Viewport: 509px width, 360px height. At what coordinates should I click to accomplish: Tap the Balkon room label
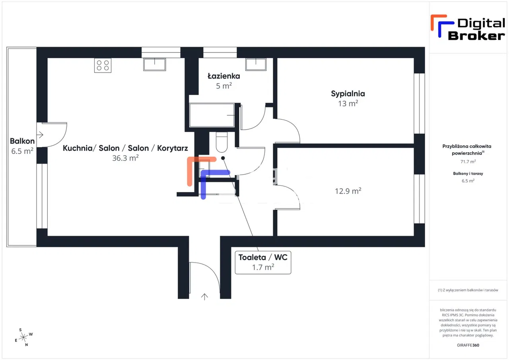click(22, 141)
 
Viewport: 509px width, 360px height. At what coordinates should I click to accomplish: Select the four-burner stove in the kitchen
click(103, 65)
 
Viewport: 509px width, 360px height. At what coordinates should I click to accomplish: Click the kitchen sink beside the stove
click(155, 64)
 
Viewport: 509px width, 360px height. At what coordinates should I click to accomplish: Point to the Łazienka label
click(224, 76)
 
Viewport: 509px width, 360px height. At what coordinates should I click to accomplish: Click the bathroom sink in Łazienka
click(255, 64)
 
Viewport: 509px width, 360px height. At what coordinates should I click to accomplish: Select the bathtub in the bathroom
click(212, 115)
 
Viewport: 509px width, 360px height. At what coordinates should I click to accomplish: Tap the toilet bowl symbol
click(221, 143)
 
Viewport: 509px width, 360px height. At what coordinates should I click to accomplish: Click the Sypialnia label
click(348, 94)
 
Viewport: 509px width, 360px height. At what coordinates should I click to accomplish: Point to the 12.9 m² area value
click(348, 191)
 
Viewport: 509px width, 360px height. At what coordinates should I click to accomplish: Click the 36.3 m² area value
click(125, 158)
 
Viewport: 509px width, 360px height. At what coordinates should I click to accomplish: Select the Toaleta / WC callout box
click(263, 262)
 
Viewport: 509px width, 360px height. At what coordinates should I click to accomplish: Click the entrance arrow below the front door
click(205, 296)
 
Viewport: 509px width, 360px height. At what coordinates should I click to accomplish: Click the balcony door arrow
click(41, 135)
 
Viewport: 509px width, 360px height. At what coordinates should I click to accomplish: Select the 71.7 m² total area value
click(468, 162)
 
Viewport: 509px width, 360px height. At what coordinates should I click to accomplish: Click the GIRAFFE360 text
click(468, 345)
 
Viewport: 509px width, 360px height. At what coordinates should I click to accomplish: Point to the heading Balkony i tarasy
click(468, 173)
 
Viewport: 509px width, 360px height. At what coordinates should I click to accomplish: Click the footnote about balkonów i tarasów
click(468, 290)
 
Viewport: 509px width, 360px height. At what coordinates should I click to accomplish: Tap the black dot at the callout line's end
click(223, 158)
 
